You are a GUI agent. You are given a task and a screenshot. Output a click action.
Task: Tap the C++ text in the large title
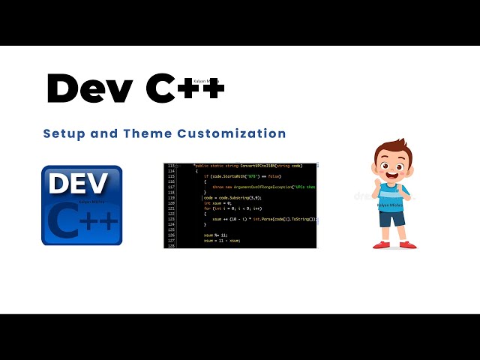coord(184,89)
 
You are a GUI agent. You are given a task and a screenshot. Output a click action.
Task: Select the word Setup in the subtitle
coord(62,133)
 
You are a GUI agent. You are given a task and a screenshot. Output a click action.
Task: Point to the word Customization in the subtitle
coord(232,133)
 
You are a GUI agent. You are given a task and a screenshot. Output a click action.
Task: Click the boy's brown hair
coord(393,148)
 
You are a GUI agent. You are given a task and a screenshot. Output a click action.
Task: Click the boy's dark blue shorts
coord(391,218)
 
